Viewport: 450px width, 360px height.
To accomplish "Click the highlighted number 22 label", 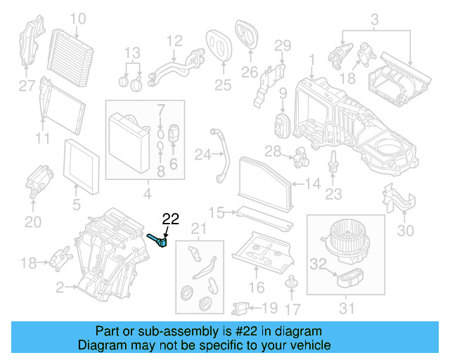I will click(x=172, y=219).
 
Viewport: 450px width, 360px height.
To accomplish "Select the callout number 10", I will click(x=78, y=18).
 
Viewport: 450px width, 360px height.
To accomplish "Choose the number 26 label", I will click(x=249, y=72).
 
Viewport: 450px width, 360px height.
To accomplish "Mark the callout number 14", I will click(x=313, y=185).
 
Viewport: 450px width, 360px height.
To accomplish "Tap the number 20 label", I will click(x=33, y=222).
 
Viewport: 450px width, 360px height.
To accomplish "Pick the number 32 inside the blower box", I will click(x=319, y=264).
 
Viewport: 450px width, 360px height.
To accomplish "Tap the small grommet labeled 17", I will click(x=288, y=283).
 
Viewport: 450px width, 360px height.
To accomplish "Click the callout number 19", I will click(x=269, y=307).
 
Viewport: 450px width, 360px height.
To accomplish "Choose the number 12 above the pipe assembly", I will click(x=174, y=41).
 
